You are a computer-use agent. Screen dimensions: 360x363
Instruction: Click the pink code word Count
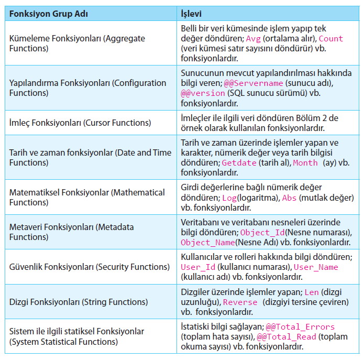tap(331, 39)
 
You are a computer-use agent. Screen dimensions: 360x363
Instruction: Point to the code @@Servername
tap(254, 83)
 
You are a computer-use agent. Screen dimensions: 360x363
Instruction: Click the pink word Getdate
tap(239, 163)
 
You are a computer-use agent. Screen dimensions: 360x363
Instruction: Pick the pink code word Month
tap(305, 163)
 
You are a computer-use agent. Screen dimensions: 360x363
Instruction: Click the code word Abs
tap(290, 198)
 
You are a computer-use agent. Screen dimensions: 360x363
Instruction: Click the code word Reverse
tap(240, 302)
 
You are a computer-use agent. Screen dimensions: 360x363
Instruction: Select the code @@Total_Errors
tap(300, 326)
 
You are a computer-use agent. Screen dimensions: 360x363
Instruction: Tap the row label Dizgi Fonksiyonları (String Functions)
tap(79, 302)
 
